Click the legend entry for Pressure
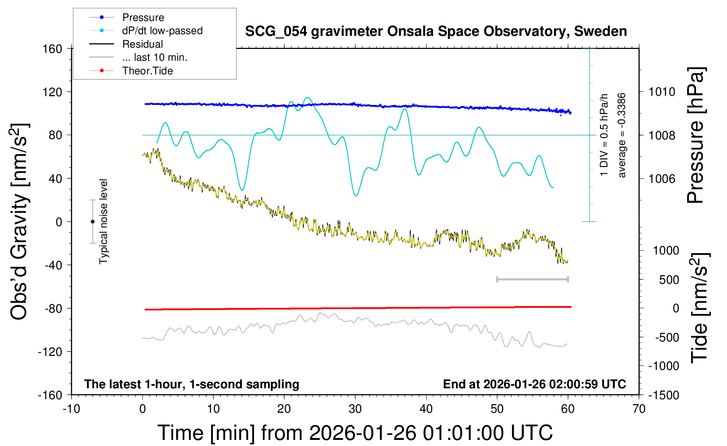tap(143, 17)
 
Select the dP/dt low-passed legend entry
tap(162, 31)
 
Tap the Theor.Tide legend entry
tap(147, 71)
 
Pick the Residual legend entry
tap(142, 44)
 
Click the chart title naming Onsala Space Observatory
tap(436, 31)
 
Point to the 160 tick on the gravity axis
tap(53, 49)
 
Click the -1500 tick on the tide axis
tap(663, 395)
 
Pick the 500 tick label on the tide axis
tap(669, 280)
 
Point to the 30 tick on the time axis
tap(355, 409)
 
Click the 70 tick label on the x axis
tap(639, 409)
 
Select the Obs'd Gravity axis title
tap(19, 222)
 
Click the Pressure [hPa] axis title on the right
tap(695, 136)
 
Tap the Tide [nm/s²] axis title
tap(699, 308)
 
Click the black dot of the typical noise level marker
tap(92, 222)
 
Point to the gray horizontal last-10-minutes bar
tap(532, 279)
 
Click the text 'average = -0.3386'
tap(621, 136)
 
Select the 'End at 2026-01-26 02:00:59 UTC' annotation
tap(534, 384)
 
